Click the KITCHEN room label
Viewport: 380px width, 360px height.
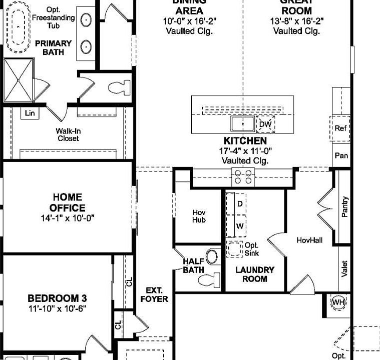pyautogui.click(x=245, y=141)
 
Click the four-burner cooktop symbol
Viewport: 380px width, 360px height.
pyautogui.click(x=243, y=176)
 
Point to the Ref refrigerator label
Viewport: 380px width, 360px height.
pyautogui.click(x=340, y=128)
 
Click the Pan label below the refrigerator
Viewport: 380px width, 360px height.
pyautogui.click(x=341, y=155)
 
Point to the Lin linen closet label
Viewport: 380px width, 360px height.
pyautogui.click(x=30, y=113)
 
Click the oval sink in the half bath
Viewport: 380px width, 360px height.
pyautogui.click(x=212, y=257)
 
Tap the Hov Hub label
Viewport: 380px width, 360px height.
pyautogui.click(x=199, y=216)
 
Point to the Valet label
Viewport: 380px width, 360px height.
pyautogui.click(x=344, y=269)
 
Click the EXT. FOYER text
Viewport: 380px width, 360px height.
pyautogui.click(x=157, y=294)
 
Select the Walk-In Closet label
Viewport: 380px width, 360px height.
pyautogui.click(x=68, y=134)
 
